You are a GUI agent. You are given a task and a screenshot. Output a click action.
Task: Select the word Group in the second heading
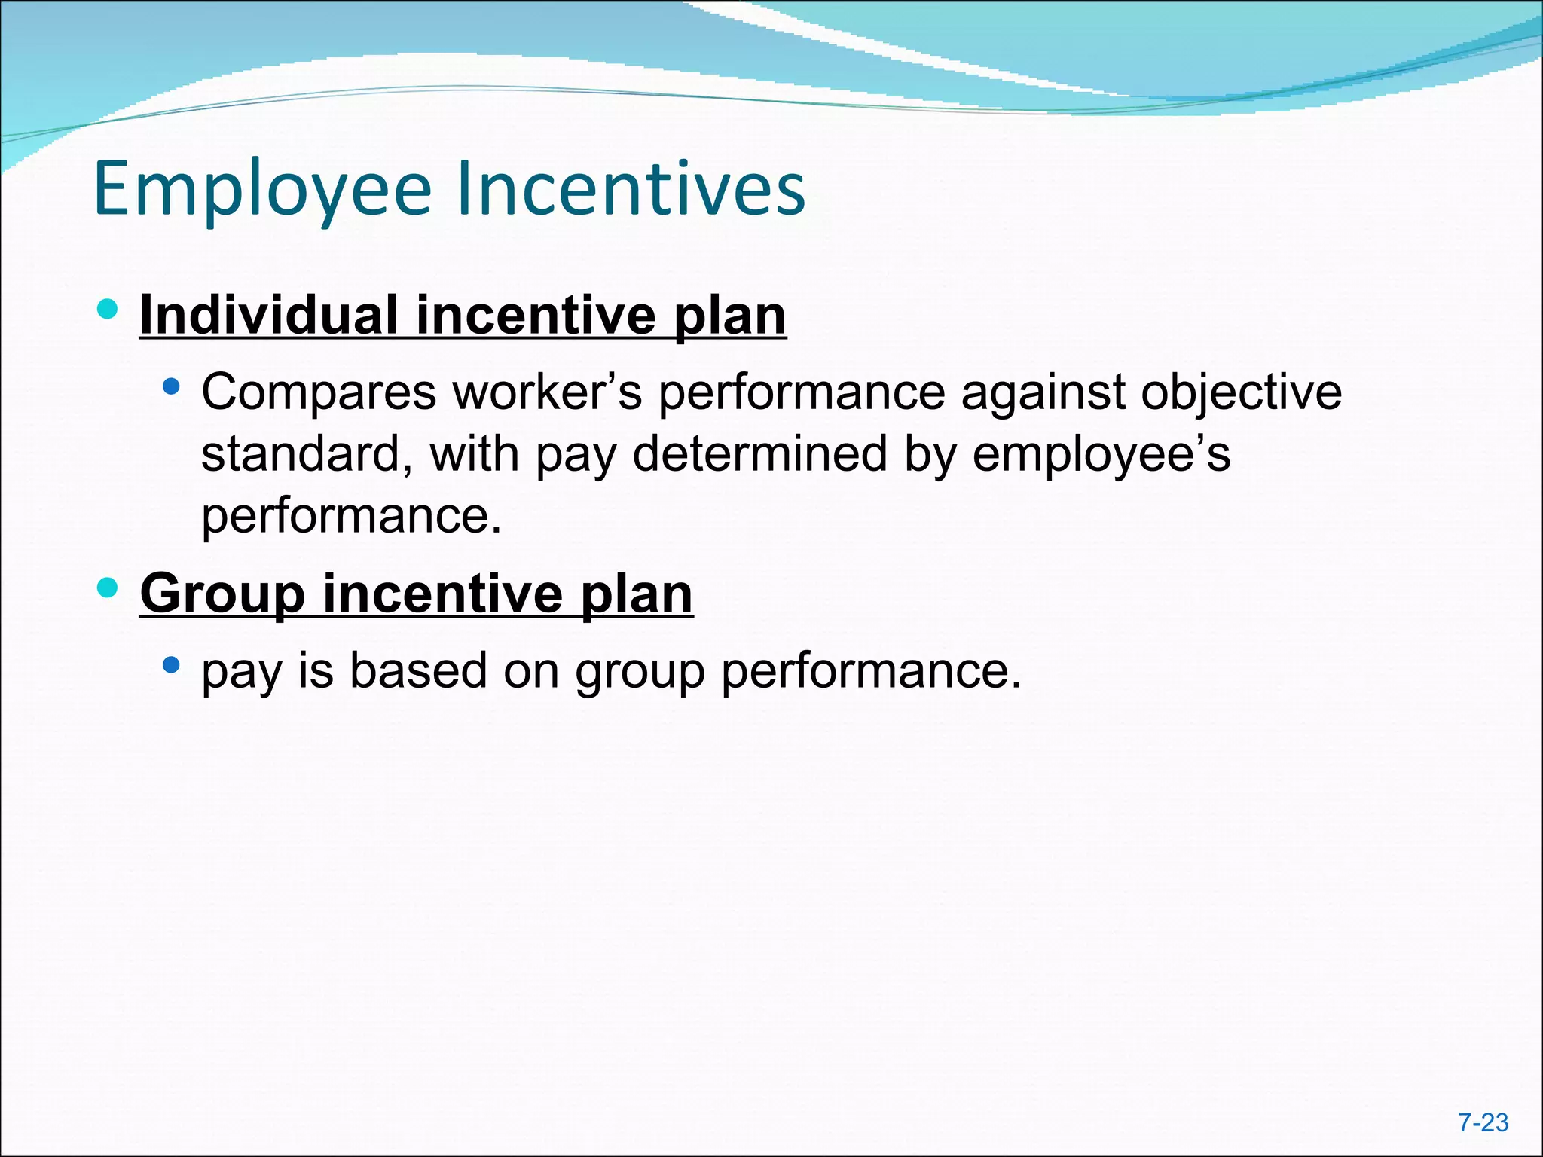coord(222,594)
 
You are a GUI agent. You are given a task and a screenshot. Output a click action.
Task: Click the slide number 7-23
coord(1483,1123)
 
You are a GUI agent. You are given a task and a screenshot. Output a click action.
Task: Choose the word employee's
coord(1101,456)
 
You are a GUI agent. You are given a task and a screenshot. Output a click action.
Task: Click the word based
coord(418,670)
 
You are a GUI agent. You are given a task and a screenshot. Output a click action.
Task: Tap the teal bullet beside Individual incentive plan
coord(108,309)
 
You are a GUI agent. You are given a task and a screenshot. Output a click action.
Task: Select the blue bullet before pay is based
coord(172,665)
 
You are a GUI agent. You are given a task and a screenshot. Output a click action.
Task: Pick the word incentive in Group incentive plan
coord(442,594)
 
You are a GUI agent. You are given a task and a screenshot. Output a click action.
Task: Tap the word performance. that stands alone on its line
coord(351,517)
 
